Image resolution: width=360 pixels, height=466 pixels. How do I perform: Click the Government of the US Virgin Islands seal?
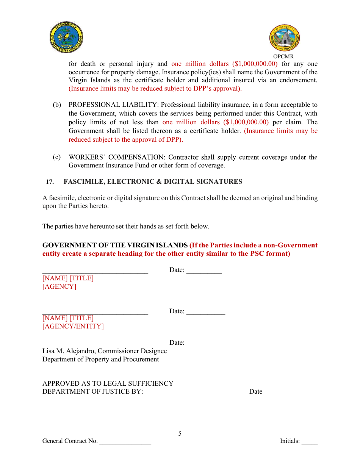(x=66, y=37)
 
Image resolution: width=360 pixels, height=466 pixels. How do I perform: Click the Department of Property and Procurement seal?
(x=285, y=39)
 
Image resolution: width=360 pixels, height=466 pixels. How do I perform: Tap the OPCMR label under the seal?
(x=283, y=56)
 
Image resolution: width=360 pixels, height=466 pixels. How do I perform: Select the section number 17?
(x=50, y=182)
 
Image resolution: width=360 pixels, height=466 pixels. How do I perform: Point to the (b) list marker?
(x=56, y=105)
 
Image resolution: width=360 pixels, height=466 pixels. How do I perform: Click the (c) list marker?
(x=56, y=157)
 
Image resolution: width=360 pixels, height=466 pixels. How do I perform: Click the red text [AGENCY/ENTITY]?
(x=73, y=326)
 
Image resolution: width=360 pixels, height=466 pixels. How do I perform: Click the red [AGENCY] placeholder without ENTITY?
(x=59, y=286)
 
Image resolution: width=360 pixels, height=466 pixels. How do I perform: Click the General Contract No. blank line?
(x=125, y=443)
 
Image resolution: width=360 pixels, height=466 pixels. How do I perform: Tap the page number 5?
(x=180, y=434)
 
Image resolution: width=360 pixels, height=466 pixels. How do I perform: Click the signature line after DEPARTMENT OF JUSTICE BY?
(x=196, y=393)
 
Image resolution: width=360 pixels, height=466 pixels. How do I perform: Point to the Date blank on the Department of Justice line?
(x=280, y=393)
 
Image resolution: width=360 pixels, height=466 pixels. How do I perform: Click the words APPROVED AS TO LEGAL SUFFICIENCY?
(x=108, y=383)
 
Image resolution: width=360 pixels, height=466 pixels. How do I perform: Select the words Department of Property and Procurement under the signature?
(x=100, y=359)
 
